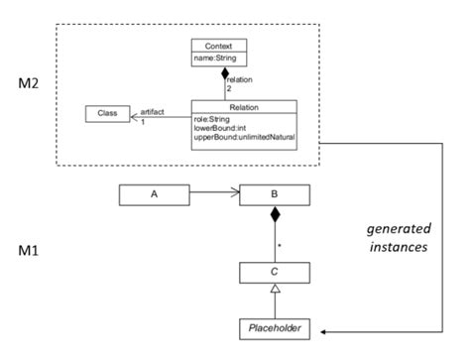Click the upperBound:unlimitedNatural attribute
click(x=243, y=136)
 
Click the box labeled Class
click(x=107, y=114)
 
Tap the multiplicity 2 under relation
click(x=228, y=89)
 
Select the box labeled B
click(x=274, y=195)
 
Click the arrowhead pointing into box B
click(x=234, y=195)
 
